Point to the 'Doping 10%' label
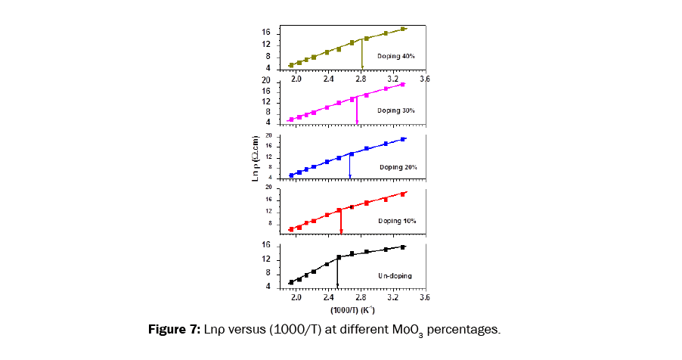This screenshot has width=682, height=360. coord(398,221)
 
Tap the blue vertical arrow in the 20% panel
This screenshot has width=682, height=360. coord(350,166)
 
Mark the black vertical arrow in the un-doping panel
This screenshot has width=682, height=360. coord(337,272)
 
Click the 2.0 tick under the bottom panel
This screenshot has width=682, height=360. coord(296,298)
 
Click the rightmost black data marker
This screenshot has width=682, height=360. coord(403,247)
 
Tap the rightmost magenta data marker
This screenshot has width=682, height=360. coord(403,85)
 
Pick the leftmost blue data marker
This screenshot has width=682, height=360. coord(291,175)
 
